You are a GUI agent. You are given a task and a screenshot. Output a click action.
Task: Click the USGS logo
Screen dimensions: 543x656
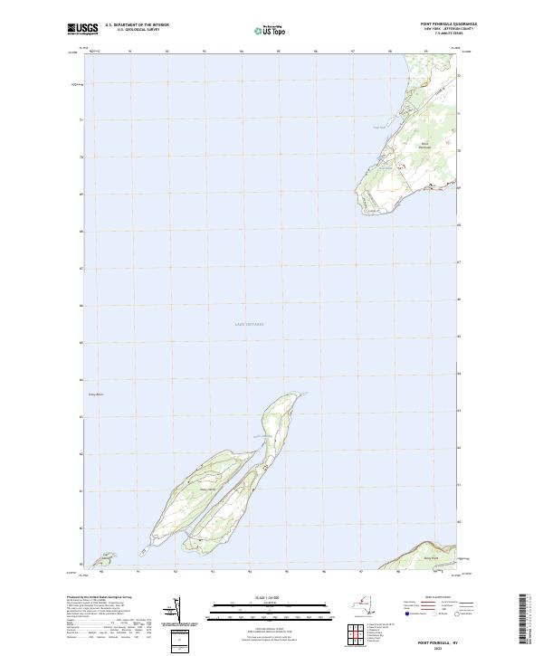click(x=83, y=28)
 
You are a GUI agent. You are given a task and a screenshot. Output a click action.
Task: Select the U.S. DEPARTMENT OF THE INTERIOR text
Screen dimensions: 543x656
click(x=137, y=25)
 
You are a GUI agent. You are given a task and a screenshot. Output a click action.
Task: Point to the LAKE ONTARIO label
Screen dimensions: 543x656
click(x=249, y=324)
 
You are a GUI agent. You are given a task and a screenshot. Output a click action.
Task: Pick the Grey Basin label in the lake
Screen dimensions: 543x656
click(x=97, y=395)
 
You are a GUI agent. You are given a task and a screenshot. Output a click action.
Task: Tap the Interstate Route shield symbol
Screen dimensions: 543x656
click(x=407, y=613)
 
